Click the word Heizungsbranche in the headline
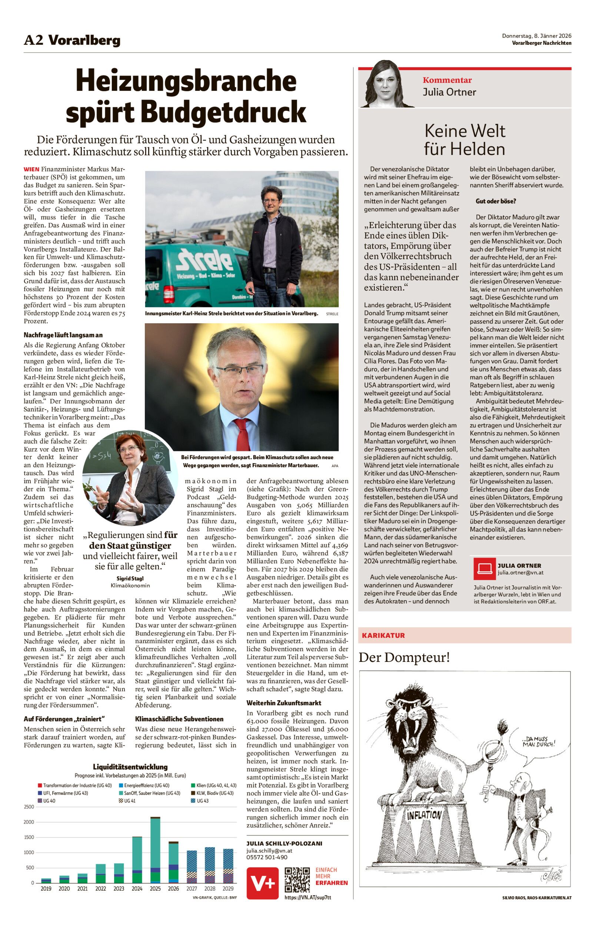pos(186,80)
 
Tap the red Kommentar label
pos(447,80)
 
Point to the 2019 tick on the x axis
pos(46,889)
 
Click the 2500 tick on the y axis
pos(29,807)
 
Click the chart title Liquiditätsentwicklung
pos(130,766)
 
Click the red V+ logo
pos(263,883)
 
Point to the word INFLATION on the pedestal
pos(424,815)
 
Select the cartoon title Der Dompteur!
pos(404,657)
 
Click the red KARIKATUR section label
pos(383,635)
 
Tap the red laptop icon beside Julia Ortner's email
pos(484,569)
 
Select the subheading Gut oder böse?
pos(496,201)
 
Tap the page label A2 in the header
pos(33,40)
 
